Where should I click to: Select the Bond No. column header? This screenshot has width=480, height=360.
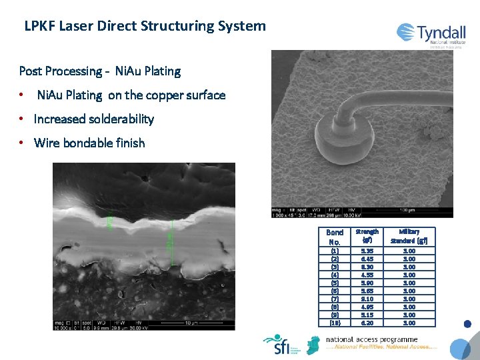pos(335,236)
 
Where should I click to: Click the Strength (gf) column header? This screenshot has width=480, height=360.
pos(367,235)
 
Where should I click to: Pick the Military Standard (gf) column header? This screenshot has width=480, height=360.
pos(409,235)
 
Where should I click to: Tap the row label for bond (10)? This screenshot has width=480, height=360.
pos(335,323)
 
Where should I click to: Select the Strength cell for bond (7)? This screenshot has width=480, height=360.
pos(367,299)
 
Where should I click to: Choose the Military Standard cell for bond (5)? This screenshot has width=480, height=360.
pos(409,283)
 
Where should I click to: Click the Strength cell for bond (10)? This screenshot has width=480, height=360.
pos(367,323)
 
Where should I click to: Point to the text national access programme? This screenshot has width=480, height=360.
pos(372,339)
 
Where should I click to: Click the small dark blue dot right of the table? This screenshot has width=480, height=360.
pos(467,324)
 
